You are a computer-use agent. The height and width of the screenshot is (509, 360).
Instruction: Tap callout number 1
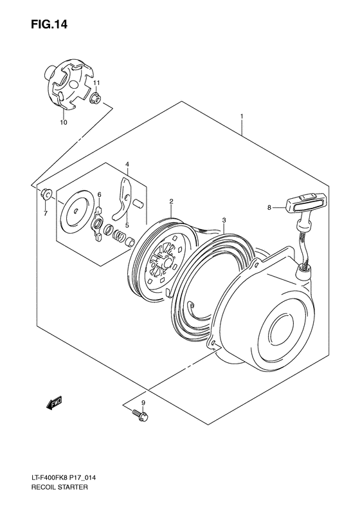pyautogui.click(x=242, y=116)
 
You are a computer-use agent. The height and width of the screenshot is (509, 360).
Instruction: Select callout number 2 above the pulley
pyautogui.click(x=171, y=201)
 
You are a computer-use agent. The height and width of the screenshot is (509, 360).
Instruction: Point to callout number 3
pyautogui.click(x=223, y=219)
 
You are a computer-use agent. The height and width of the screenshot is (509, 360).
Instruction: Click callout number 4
pyautogui.click(x=127, y=165)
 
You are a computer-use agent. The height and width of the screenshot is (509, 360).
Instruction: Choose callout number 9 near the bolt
pyautogui.click(x=143, y=403)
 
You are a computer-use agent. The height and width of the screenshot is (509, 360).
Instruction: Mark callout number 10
pyautogui.click(x=63, y=122)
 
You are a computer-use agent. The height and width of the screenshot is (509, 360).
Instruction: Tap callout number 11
pyautogui.click(x=96, y=84)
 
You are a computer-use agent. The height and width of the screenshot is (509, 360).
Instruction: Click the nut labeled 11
pyautogui.click(x=95, y=98)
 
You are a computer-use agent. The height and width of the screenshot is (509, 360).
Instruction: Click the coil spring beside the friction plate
pyautogui.click(x=120, y=236)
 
